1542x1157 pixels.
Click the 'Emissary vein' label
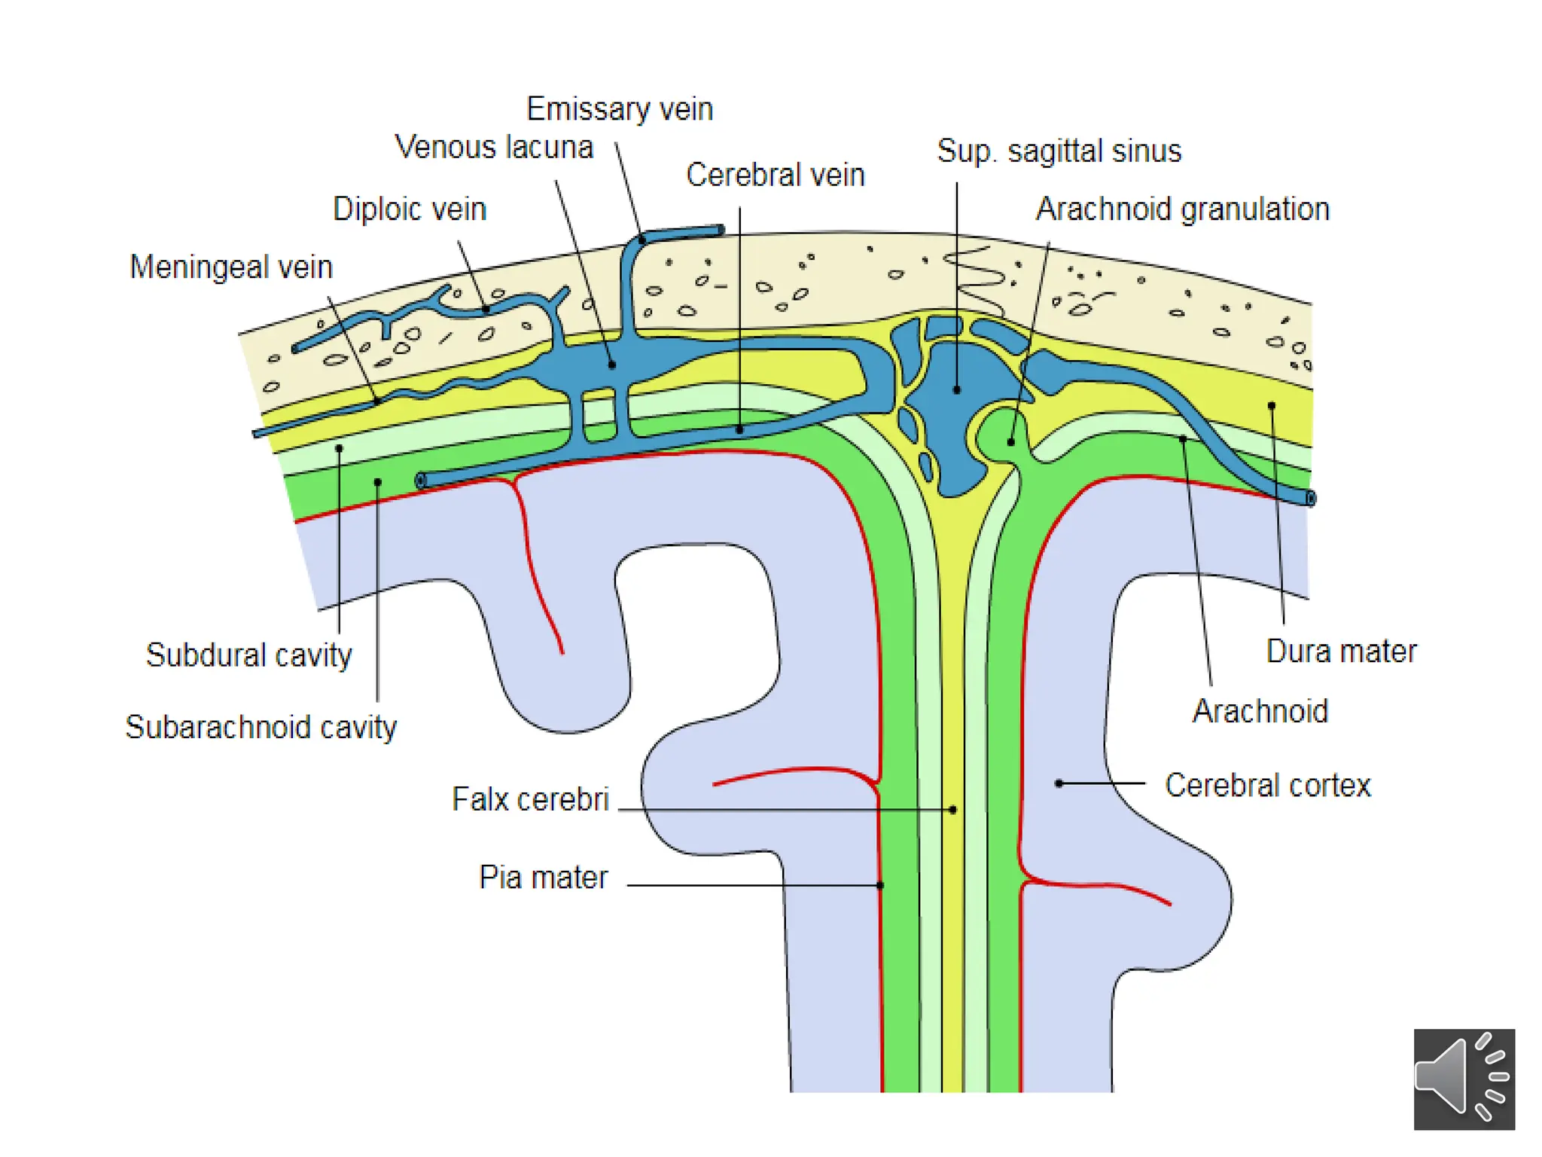coord(619,109)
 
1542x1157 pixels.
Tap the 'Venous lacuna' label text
coord(494,147)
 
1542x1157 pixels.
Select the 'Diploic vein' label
coord(410,209)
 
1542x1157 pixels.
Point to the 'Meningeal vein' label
coord(231,267)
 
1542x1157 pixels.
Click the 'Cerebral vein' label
coord(775,175)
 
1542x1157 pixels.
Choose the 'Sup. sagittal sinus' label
coord(1059,151)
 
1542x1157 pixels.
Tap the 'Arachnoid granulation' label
coord(1182,209)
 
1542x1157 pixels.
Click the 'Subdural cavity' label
coord(248,655)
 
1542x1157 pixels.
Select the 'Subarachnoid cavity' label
coord(261,727)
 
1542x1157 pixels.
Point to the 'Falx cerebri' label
coord(530,799)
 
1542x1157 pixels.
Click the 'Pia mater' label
coord(543,878)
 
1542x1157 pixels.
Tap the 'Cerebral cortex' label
coord(1268,785)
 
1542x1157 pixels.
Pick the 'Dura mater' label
coord(1341,651)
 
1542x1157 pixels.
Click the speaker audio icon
coord(1464,1079)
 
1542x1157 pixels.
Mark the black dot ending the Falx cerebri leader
coord(953,810)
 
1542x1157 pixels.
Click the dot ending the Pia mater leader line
coord(880,885)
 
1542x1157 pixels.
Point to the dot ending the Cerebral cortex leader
coord(1059,783)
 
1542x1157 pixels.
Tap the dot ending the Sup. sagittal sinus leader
coord(957,390)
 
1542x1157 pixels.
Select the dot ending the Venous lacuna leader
coord(612,365)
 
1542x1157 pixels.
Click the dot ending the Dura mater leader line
coord(1272,406)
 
